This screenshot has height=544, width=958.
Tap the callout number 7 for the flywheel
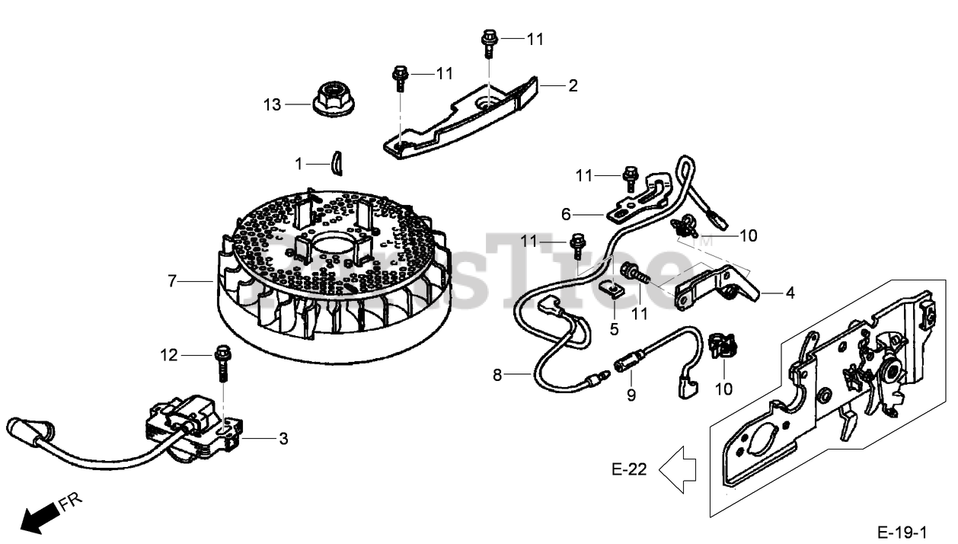coord(173,282)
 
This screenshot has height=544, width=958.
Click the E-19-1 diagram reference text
coord(902,531)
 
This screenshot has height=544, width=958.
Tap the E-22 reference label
coord(629,469)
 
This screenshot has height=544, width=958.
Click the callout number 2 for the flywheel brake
coord(573,85)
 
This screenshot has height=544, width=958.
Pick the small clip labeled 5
coord(615,288)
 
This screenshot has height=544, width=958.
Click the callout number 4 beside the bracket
coord(790,292)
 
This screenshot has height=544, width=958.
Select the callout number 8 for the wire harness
coord(497,375)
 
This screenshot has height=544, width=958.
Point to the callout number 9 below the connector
coord(631,395)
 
